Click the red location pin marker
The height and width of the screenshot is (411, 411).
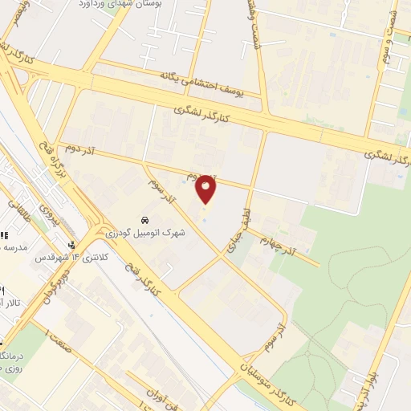pos(206,189)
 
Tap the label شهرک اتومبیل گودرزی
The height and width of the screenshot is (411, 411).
pos(145,233)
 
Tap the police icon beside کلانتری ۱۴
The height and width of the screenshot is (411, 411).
pos(72,244)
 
